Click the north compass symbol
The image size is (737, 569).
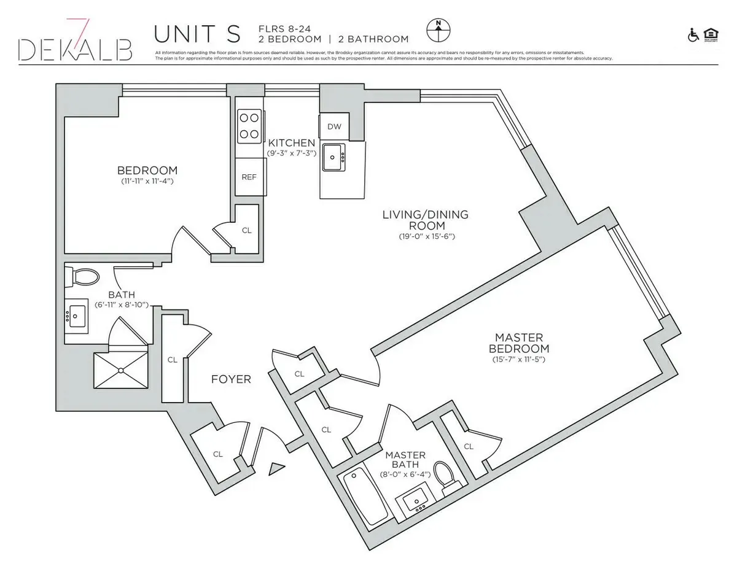pos(439,28)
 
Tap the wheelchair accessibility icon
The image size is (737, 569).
pos(693,34)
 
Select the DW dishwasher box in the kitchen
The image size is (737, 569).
pos(333,127)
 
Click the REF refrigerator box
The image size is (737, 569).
pos(249,177)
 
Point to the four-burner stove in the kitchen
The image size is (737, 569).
pos(249,125)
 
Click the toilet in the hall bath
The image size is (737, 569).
pos(83,277)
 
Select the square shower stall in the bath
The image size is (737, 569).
pos(121,370)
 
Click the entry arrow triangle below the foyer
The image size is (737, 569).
pos(277,469)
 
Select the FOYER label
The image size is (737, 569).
pos(231,379)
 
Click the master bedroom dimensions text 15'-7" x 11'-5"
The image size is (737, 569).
pos(519,360)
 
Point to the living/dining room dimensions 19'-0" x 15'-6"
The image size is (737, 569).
pos(425,236)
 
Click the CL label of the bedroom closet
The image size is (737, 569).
pos(246,231)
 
